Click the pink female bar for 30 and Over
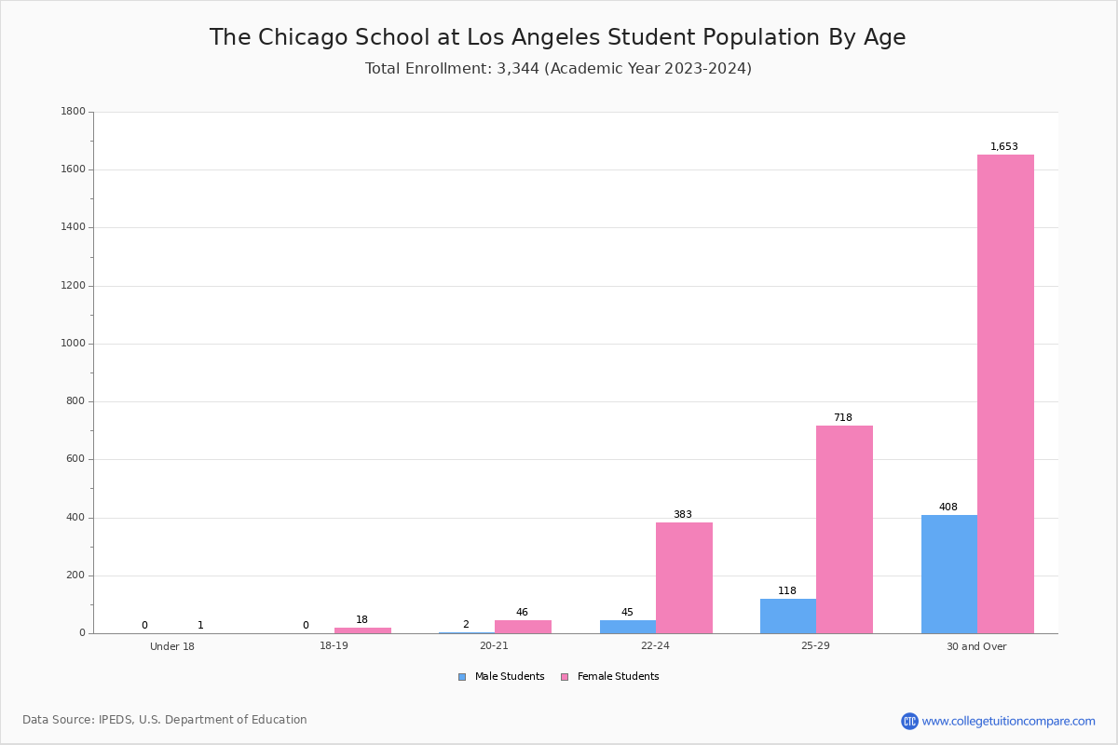point(1005,394)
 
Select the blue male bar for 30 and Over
point(949,574)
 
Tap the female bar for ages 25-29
point(844,530)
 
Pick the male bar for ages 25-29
point(788,616)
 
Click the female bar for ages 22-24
point(684,577)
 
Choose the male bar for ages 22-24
point(628,627)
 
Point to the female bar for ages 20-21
point(523,627)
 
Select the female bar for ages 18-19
point(362,630)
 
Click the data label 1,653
point(1003,146)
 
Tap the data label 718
point(843,417)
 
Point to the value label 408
point(948,507)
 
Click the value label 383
point(683,514)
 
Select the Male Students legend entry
point(501,676)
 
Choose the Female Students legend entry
point(610,676)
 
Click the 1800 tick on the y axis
point(74,111)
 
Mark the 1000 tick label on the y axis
point(74,344)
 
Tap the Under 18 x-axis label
point(172,646)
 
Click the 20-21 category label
point(494,645)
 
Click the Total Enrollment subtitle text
point(558,68)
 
